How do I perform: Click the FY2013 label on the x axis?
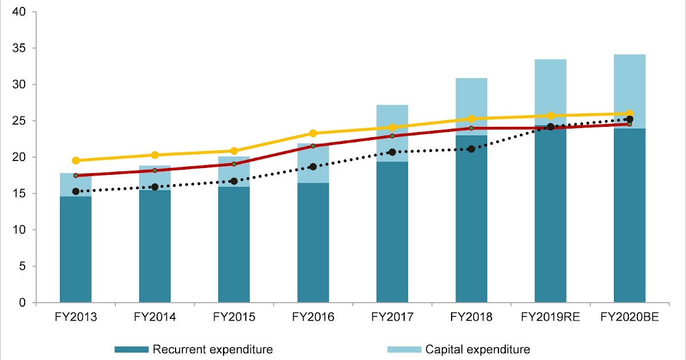75,317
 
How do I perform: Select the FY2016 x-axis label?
313,317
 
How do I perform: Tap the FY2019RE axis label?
551,317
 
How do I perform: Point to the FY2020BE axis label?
629,317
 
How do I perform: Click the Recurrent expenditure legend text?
212,349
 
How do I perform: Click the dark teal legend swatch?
131,349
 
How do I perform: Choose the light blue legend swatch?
404,349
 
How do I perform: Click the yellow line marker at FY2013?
75,161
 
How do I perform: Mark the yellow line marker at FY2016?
313,133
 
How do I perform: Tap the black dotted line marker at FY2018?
471,149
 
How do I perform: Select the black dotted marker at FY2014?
155,187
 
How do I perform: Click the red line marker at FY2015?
234,164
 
